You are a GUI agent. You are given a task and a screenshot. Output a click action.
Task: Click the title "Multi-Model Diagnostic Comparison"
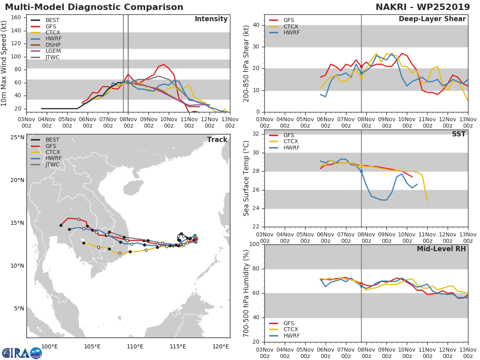94,7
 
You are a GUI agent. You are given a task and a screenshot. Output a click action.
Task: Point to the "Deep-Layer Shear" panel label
432,19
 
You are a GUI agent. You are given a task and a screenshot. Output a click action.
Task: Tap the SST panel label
459,134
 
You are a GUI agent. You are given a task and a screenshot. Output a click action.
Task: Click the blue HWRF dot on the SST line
361,171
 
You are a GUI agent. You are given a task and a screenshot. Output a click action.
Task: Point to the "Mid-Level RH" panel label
441,249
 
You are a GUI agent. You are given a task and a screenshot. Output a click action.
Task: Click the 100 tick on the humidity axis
254,244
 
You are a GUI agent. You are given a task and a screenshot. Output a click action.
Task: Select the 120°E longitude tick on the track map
220,346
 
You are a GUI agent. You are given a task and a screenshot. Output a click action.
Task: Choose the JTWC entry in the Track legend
52,164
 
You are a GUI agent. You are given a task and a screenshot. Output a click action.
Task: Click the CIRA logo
22,352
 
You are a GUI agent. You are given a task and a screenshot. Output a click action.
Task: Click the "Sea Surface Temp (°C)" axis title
247,179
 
